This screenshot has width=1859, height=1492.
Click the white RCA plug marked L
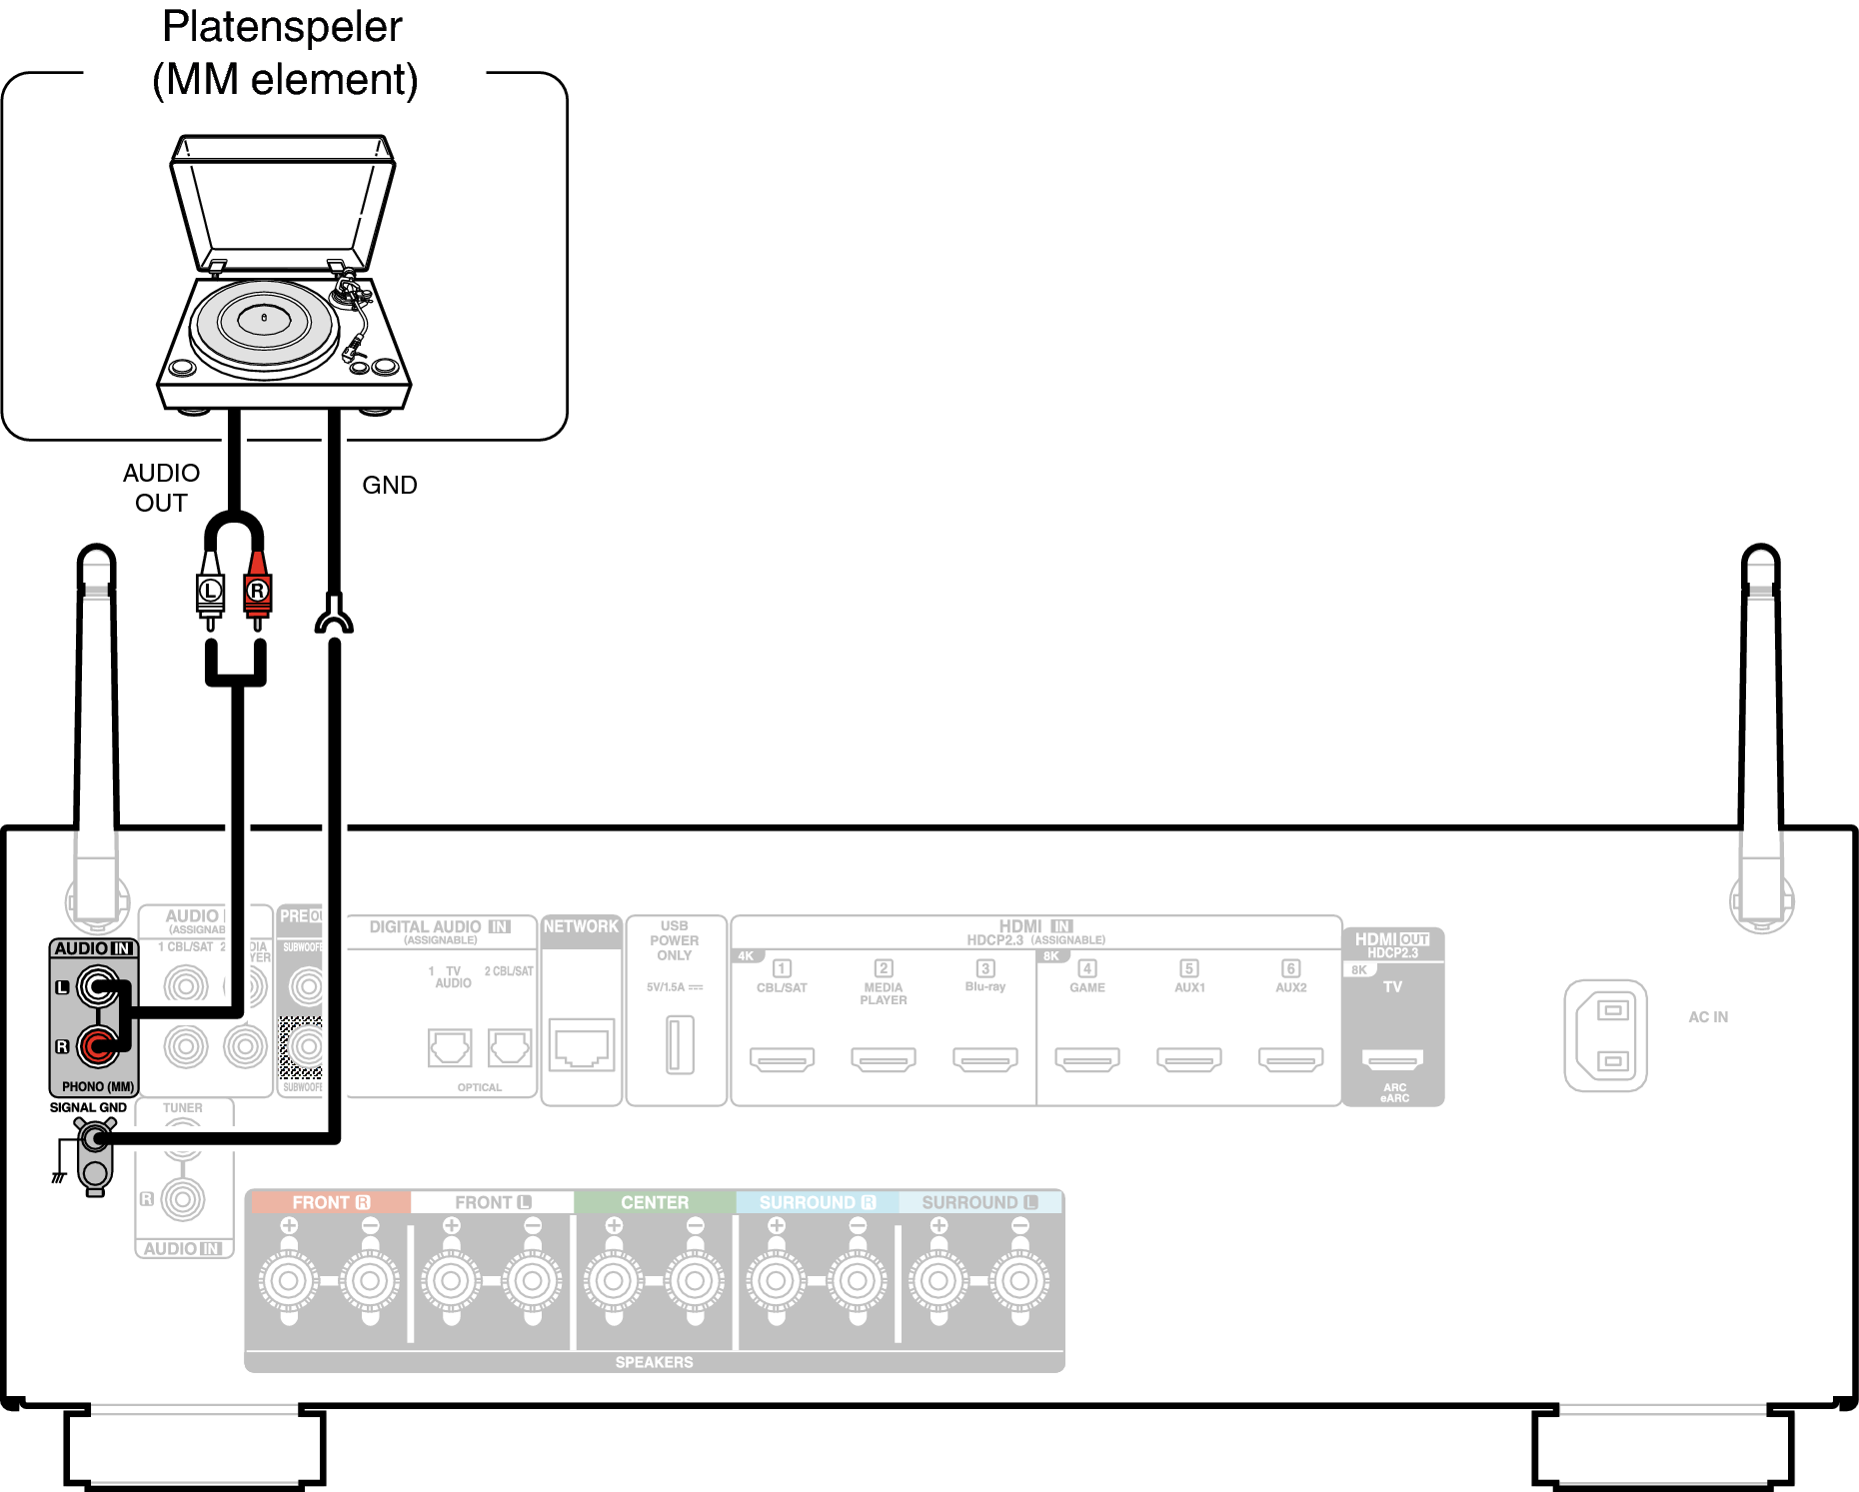210,591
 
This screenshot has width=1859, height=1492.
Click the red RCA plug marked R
258,591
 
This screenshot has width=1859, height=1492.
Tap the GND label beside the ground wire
389,485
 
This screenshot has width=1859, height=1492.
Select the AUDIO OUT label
161,488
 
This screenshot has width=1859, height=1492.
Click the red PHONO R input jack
97,1046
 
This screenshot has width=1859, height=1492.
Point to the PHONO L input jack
97,987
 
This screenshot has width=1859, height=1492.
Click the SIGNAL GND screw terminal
95,1137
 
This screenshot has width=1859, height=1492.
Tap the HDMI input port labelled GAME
1086,1058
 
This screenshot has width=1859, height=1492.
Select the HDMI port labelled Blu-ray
984,1058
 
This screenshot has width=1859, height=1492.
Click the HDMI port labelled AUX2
1290,1058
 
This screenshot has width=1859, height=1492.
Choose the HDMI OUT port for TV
1392,1059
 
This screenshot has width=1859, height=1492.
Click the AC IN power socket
1605,1035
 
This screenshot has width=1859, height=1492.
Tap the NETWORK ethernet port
582,1045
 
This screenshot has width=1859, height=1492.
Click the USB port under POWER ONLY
680,1044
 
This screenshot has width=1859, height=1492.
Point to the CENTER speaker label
655,1202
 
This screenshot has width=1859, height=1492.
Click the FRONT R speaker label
330,1202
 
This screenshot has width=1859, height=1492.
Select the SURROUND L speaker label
979,1202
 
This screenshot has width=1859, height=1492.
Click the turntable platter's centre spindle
264,318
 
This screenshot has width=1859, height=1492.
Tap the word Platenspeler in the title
282,27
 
